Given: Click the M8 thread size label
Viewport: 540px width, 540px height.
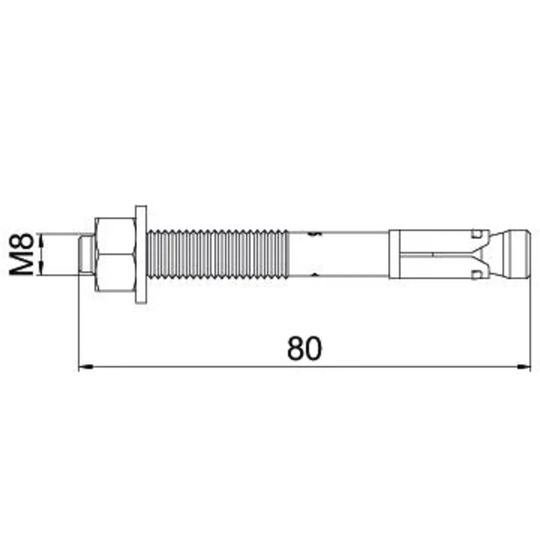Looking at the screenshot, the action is (x=21, y=254).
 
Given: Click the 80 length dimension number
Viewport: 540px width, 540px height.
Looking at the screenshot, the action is (x=305, y=348).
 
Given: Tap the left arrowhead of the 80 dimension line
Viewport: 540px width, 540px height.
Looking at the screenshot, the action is (x=85, y=366).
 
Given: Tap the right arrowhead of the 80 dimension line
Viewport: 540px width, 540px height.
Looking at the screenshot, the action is (x=523, y=366).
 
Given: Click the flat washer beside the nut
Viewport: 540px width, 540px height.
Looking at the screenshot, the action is (x=141, y=254).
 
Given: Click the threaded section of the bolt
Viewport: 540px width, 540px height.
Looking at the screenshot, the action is (x=217, y=254).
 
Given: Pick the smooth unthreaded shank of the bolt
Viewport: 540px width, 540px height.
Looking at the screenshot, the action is (x=338, y=254).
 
